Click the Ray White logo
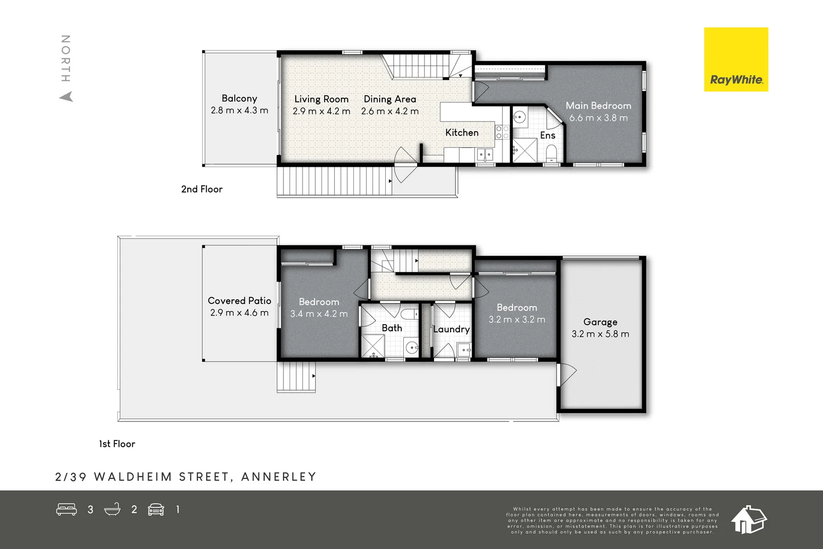click(x=736, y=60)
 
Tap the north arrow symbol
click(x=66, y=97)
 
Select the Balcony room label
click(x=239, y=98)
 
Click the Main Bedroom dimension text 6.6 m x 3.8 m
click(x=598, y=118)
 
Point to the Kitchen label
click(x=461, y=133)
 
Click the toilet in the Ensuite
click(x=551, y=152)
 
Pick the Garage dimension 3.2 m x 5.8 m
click(x=600, y=334)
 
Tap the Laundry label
click(x=451, y=329)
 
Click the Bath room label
click(x=391, y=328)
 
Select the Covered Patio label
click(x=239, y=301)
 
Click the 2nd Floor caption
click(x=202, y=189)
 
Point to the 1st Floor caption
click(x=117, y=444)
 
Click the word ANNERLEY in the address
click(x=278, y=477)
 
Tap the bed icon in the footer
click(x=66, y=509)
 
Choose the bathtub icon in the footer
click(x=112, y=509)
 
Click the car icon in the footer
click(x=156, y=509)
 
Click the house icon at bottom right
click(x=748, y=520)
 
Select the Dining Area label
click(x=390, y=99)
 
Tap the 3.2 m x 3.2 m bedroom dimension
click(x=516, y=320)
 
